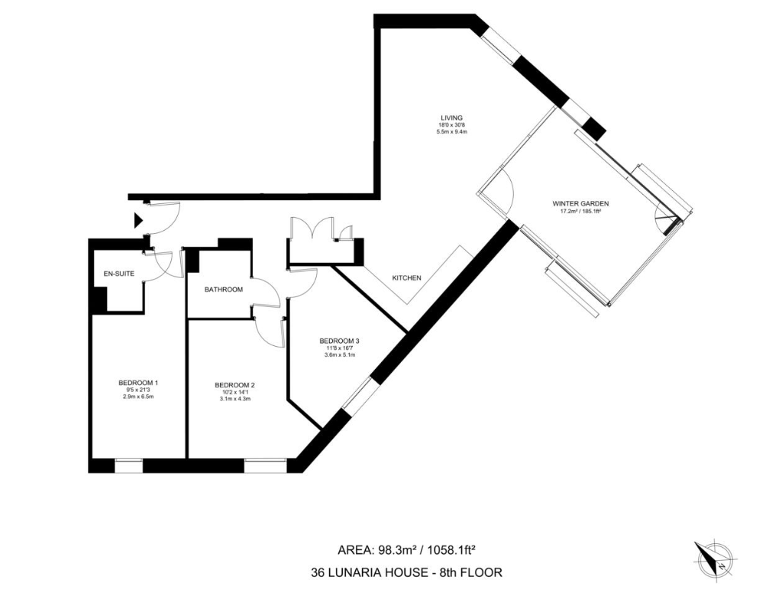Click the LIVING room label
click(451, 118)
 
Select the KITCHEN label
click(406, 278)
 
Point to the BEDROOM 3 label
click(340, 341)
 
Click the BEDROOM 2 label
click(234, 384)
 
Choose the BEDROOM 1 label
click(138, 383)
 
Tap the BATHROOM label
click(223, 290)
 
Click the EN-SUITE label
click(119, 273)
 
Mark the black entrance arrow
click(138, 221)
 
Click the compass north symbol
click(715, 560)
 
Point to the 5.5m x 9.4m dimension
click(451, 132)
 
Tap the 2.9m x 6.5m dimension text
click(138, 396)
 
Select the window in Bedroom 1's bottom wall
click(128, 464)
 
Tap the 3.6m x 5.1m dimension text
click(340, 355)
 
